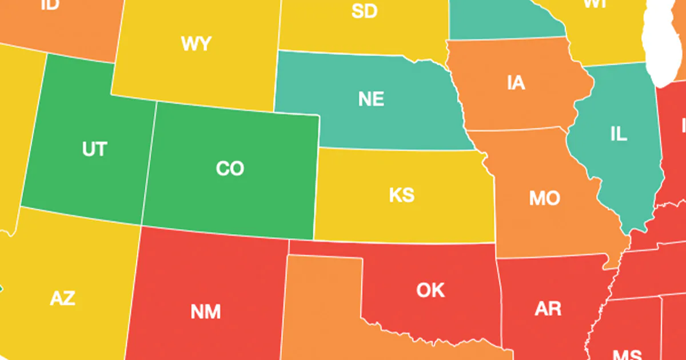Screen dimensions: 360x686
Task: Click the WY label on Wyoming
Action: (196, 44)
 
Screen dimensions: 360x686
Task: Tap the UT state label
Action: (94, 149)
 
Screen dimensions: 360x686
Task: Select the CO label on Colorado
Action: (230, 169)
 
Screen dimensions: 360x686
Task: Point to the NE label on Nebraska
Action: (371, 99)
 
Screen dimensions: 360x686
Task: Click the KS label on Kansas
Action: (401, 195)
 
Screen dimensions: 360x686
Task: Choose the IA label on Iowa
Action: (516, 83)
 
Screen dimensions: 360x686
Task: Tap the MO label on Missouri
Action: (544, 199)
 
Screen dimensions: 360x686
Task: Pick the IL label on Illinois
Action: (619, 135)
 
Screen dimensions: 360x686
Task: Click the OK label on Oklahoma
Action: (430, 290)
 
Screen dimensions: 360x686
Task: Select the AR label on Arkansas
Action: (548, 309)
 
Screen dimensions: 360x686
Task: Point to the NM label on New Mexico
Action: (205, 312)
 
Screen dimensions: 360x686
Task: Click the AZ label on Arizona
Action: (63, 298)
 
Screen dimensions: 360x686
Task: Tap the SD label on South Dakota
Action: (364, 10)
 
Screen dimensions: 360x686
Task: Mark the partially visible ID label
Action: (50, 5)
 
